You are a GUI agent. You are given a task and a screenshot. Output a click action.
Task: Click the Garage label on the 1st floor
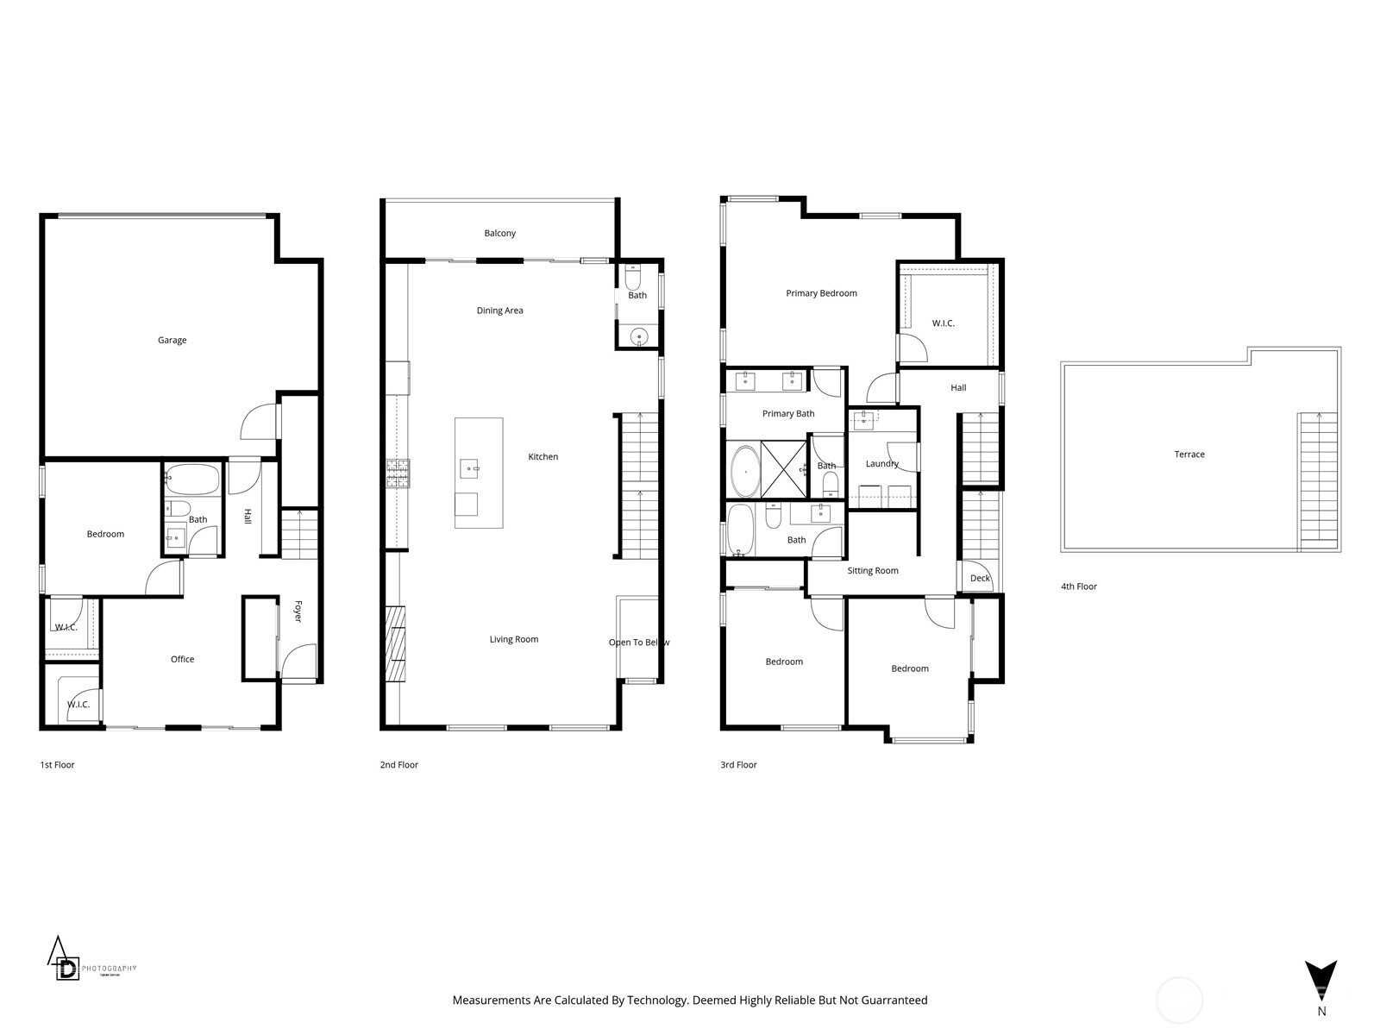pyautogui.click(x=172, y=340)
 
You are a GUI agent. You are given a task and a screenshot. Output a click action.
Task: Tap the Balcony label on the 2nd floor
pyautogui.click(x=499, y=234)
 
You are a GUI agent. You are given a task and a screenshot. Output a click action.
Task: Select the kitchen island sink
pyautogui.click(x=469, y=468)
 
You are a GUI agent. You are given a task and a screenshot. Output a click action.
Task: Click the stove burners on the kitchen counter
pyautogui.click(x=398, y=474)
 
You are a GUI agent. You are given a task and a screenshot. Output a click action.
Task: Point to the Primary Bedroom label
pyautogui.click(x=821, y=293)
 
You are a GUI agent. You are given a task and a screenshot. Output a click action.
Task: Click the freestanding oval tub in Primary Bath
pyautogui.click(x=743, y=472)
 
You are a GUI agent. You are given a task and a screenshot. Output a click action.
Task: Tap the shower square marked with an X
pyautogui.click(x=783, y=470)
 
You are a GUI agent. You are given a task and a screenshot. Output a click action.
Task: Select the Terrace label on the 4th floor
pyautogui.click(x=1189, y=455)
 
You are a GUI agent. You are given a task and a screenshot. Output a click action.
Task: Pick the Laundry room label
pyautogui.click(x=881, y=464)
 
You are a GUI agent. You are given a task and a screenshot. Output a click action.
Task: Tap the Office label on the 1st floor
pyautogui.click(x=182, y=659)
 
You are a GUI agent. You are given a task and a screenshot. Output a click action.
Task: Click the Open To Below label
pyautogui.click(x=638, y=643)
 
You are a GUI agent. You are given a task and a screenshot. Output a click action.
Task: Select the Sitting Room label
pyautogui.click(x=872, y=571)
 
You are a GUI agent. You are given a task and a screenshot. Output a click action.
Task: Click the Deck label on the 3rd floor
pyautogui.click(x=980, y=579)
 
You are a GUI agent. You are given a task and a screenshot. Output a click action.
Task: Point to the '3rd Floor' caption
pyautogui.click(x=738, y=765)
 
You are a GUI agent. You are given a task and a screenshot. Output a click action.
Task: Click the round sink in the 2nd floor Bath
pyautogui.click(x=638, y=336)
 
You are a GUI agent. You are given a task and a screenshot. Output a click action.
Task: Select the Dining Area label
pyautogui.click(x=499, y=310)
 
